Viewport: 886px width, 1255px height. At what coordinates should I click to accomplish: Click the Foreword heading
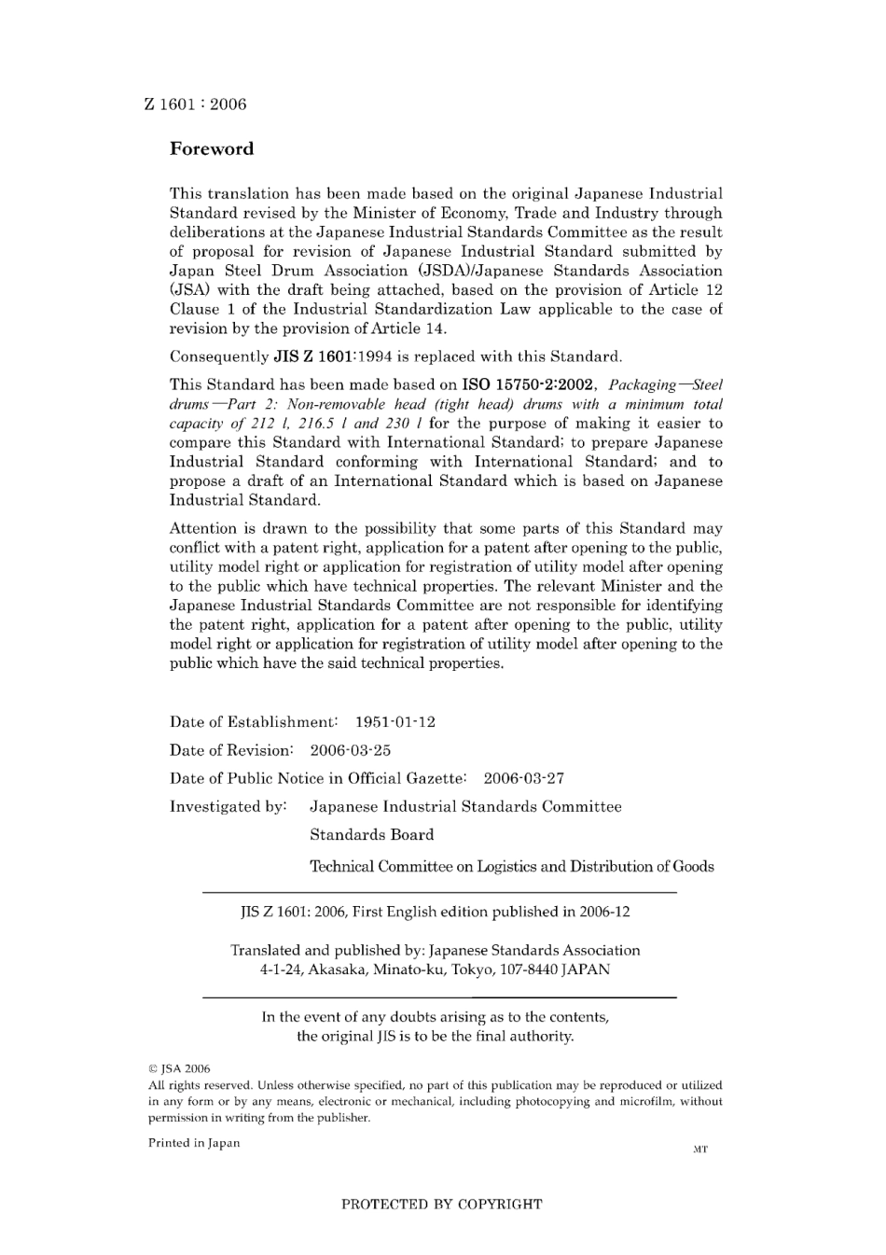212,149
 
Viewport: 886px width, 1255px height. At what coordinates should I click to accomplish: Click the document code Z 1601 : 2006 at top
196,105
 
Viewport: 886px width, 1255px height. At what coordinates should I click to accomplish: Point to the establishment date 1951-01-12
395,722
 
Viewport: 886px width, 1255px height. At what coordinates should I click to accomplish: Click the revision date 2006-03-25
351,750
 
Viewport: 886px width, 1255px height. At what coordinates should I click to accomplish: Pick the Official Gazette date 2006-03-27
523,778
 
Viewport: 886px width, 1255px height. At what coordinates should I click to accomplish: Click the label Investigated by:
228,806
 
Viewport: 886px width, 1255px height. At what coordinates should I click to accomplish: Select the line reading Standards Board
372,835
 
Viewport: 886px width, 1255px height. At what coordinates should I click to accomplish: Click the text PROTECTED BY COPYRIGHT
441,1204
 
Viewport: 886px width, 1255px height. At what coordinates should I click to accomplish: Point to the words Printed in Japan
194,1143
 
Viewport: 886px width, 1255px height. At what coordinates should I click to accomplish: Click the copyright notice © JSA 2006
180,1069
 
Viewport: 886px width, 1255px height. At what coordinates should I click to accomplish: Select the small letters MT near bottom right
700,1150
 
